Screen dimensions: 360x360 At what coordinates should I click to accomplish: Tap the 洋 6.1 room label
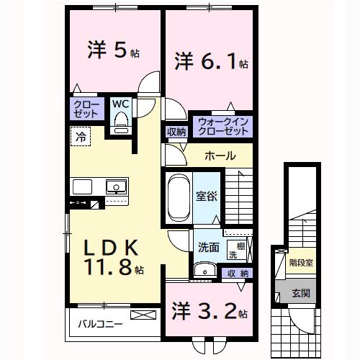[210, 61]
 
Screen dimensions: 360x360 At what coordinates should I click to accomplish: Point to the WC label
[120, 102]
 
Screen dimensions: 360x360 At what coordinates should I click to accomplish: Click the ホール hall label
[219, 155]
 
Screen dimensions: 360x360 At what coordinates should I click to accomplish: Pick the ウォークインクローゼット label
[222, 127]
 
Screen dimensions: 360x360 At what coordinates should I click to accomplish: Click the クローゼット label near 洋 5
[86, 109]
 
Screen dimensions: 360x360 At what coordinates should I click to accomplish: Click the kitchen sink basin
[115, 187]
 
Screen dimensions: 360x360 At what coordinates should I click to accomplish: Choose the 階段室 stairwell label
[301, 263]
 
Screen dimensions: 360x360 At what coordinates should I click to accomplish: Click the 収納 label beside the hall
[176, 131]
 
